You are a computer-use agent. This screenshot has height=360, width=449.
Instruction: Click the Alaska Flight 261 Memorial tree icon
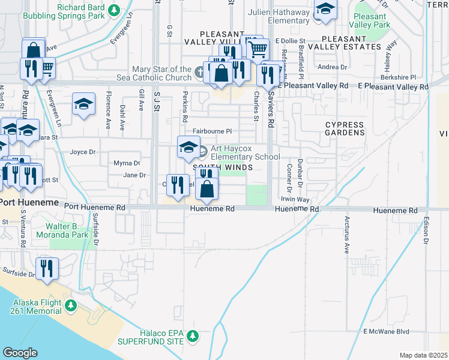coord(71,306)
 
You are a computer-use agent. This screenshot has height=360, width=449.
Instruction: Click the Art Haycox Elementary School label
coord(245,153)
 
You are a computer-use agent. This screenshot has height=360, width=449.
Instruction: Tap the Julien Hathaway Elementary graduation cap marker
coord(325,10)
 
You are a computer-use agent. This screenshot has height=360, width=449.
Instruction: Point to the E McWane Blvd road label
coord(386,331)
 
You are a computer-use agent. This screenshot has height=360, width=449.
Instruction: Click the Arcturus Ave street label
coord(346,236)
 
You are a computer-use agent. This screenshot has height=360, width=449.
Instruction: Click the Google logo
coord(20,353)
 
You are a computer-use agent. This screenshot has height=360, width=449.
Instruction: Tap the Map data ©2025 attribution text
coord(423,355)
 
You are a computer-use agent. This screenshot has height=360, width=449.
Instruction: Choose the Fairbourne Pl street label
coord(212,131)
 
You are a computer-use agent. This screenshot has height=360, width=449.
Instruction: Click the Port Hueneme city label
coord(29,203)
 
